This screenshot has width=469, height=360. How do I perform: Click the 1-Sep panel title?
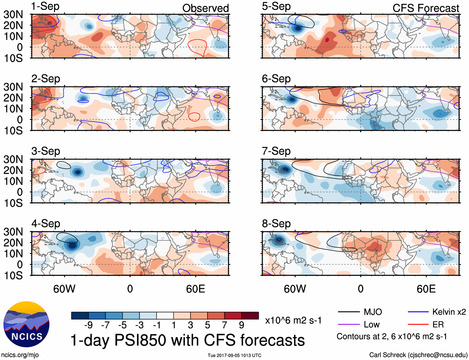point(45,7)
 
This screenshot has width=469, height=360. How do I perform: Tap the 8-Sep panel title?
point(276,224)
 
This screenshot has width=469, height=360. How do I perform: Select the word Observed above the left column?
point(205,8)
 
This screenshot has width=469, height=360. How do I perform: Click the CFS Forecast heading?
point(426,8)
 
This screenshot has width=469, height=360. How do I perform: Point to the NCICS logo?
point(26,324)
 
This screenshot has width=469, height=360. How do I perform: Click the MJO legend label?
point(373,312)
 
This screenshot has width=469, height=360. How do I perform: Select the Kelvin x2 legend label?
point(449,312)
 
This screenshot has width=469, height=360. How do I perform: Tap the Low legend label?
point(371,325)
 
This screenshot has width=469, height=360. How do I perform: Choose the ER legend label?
point(438,325)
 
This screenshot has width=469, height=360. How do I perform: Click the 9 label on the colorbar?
point(241,325)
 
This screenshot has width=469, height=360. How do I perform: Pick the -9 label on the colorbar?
point(88,325)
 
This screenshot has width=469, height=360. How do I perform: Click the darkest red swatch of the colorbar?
point(250,316)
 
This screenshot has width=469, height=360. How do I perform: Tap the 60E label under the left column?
point(195,289)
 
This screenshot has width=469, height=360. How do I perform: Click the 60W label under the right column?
point(295,289)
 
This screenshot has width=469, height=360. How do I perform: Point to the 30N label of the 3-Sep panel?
point(13,159)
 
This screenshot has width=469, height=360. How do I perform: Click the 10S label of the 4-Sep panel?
point(13,276)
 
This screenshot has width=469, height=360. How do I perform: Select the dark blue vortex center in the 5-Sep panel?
point(298,28)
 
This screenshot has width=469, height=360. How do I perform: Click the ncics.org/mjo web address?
point(20,355)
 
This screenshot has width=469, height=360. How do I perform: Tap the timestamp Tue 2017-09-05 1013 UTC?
point(234,355)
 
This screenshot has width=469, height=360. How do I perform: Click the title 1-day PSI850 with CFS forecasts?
point(188,340)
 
